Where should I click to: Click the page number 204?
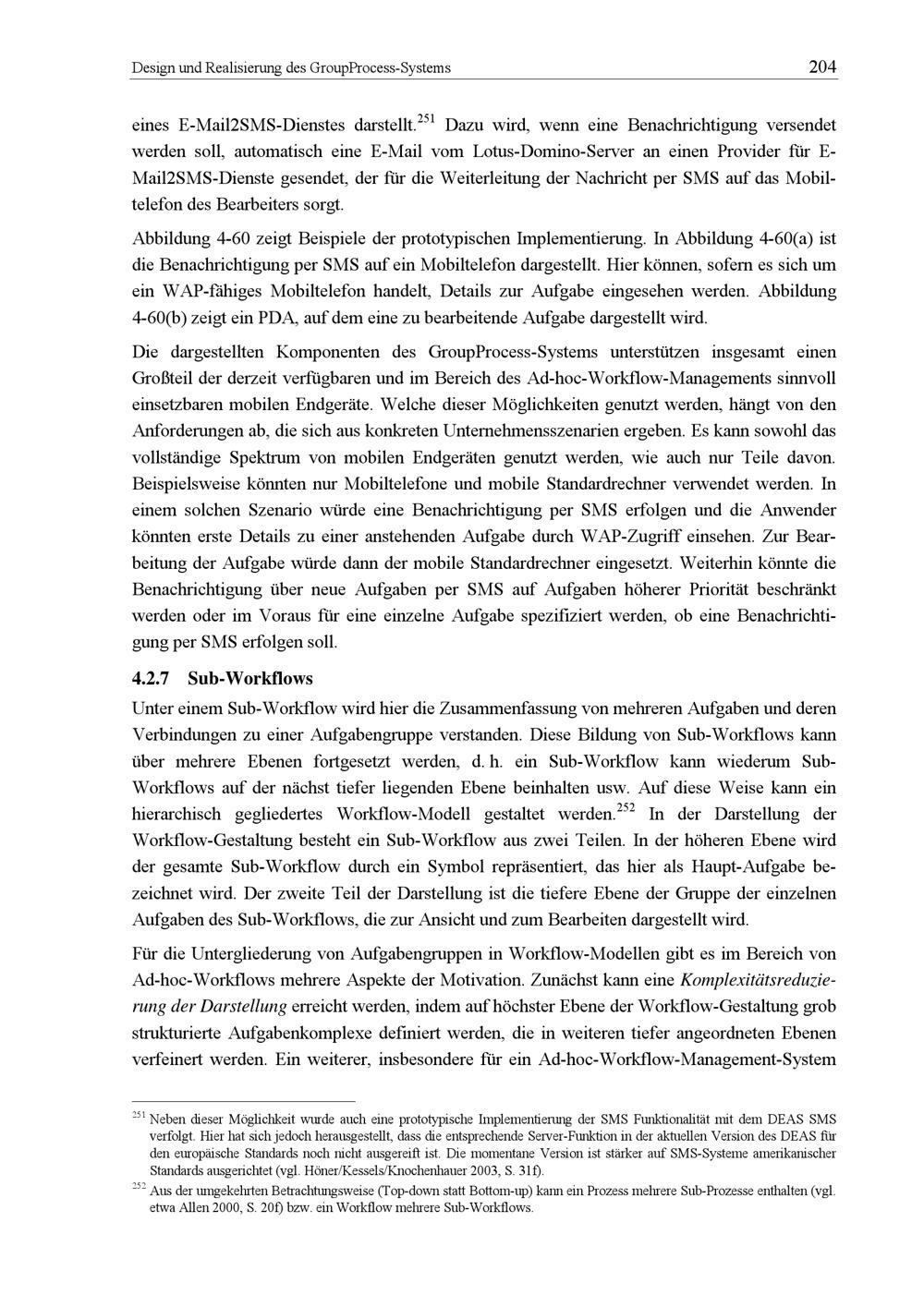point(821,67)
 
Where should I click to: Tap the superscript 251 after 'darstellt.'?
point(427,118)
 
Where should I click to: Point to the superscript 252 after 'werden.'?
point(626,808)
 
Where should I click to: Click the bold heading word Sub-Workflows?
point(250,679)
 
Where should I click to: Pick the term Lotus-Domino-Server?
point(545,150)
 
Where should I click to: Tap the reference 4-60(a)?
point(797,239)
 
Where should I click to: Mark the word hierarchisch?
point(176,816)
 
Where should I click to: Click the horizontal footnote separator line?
point(244,1101)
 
